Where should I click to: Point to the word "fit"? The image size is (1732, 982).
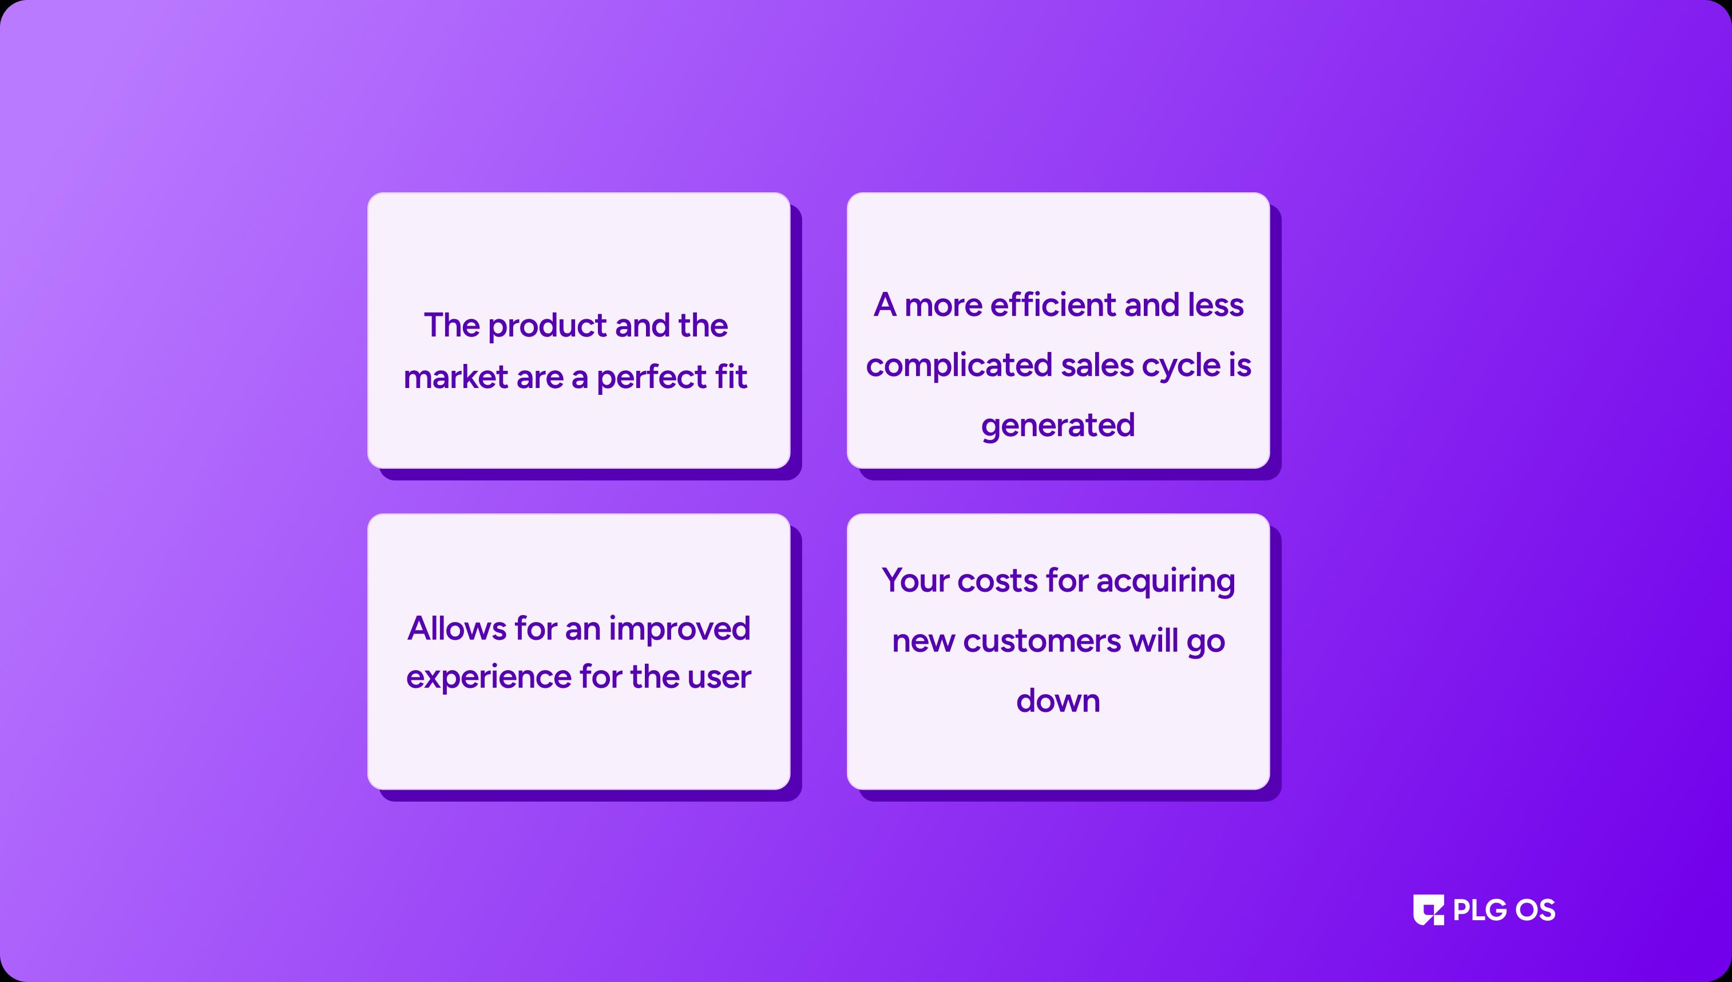731,377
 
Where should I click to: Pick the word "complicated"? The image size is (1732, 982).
959,366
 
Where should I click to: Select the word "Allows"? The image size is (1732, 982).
457,628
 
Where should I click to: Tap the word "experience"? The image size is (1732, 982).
488,678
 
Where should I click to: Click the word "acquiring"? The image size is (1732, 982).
1166,582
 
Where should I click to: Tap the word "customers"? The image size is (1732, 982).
1041,642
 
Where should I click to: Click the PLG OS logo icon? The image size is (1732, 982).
1429,910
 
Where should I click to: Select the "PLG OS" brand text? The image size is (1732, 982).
1504,910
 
